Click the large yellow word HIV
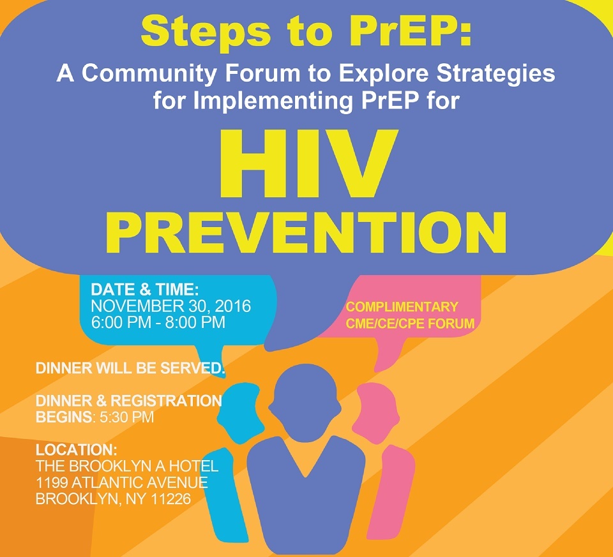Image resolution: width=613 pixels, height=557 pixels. click(x=308, y=164)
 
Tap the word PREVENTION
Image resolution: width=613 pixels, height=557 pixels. click(x=306, y=233)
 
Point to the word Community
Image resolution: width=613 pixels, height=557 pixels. click(x=149, y=73)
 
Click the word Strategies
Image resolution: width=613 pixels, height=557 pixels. click(x=496, y=73)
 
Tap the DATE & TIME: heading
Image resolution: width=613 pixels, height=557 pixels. click(x=145, y=290)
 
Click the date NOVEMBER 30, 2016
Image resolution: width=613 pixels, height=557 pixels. click(x=171, y=306)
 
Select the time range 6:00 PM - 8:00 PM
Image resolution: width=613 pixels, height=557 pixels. click(x=158, y=322)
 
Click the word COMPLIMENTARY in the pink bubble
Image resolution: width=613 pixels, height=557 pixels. click(x=402, y=307)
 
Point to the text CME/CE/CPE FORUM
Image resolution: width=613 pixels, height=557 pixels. click(x=410, y=323)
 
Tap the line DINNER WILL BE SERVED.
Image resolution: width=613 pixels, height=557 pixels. click(x=130, y=368)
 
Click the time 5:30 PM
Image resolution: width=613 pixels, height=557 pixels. click(x=126, y=417)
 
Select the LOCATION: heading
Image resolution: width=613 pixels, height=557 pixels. click(x=76, y=450)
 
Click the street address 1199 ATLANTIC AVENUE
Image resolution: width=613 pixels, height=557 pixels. click(x=121, y=482)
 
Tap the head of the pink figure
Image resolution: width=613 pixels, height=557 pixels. click(x=377, y=414)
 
